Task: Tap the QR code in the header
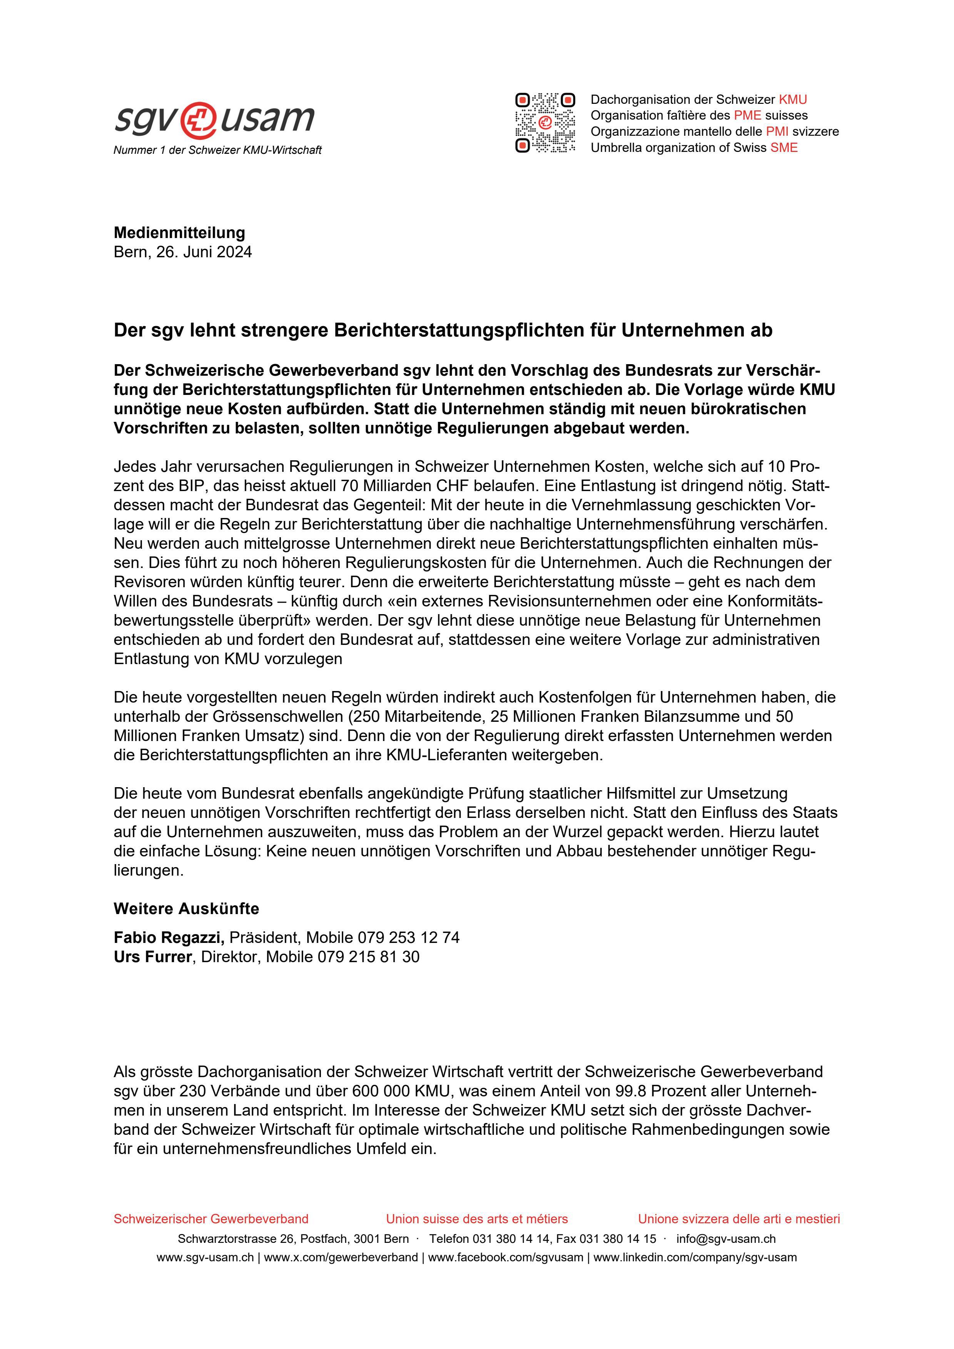(x=545, y=123)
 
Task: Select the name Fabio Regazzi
(x=168, y=937)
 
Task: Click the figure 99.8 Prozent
(x=661, y=1091)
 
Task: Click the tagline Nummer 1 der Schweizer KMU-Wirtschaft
(x=217, y=150)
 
